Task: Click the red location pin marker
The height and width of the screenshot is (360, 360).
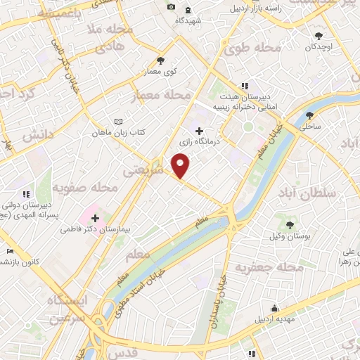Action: tap(181, 167)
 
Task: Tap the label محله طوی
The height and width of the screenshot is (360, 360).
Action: tap(251, 49)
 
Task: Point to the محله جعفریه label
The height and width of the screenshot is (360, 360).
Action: tap(269, 268)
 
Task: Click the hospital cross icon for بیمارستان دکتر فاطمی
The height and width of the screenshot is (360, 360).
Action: tap(96, 219)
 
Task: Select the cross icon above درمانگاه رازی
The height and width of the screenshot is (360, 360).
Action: tap(200, 131)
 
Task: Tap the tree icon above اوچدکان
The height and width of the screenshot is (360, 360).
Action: tap(319, 34)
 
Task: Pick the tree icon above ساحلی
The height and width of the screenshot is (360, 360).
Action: tap(310, 116)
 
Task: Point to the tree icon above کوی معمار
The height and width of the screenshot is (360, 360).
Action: tap(161, 60)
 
